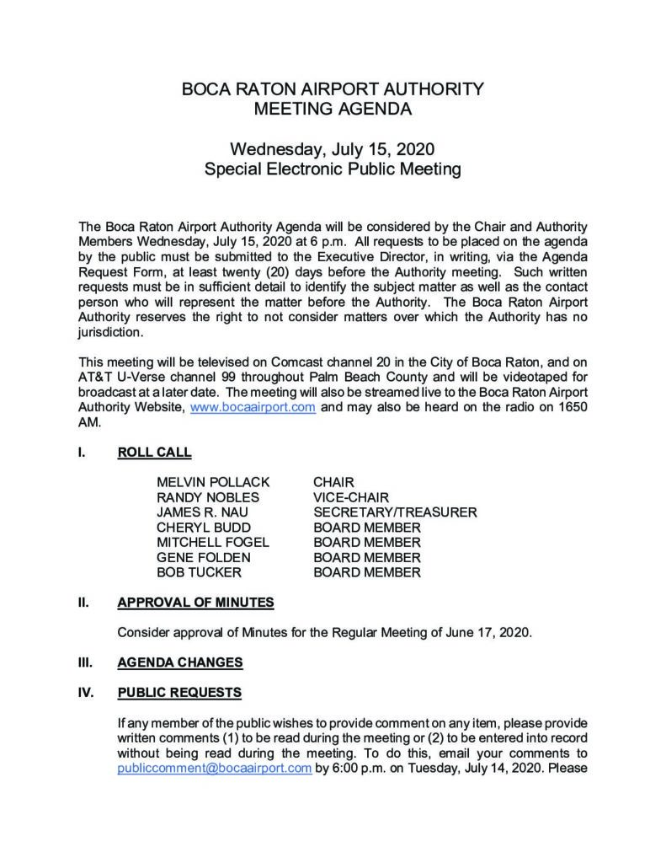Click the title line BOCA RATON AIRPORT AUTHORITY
click(x=333, y=88)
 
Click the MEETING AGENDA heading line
click(x=333, y=109)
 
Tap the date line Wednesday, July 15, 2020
click(x=333, y=150)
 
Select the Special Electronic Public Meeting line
click(x=333, y=170)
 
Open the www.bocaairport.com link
click(x=253, y=407)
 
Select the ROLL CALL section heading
click(x=154, y=453)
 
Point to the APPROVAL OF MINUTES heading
click(x=195, y=603)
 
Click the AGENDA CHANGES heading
click(x=180, y=662)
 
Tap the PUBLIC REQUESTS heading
click(x=179, y=693)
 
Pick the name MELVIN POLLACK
click(x=213, y=482)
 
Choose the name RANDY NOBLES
click(x=208, y=497)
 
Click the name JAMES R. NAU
click(x=202, y=512)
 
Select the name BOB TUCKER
click(x=198, y=573)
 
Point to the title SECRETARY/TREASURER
click(x=395, y=512)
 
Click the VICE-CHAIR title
click(x=351, y=497)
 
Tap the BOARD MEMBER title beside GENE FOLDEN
click(x=366, y=558)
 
